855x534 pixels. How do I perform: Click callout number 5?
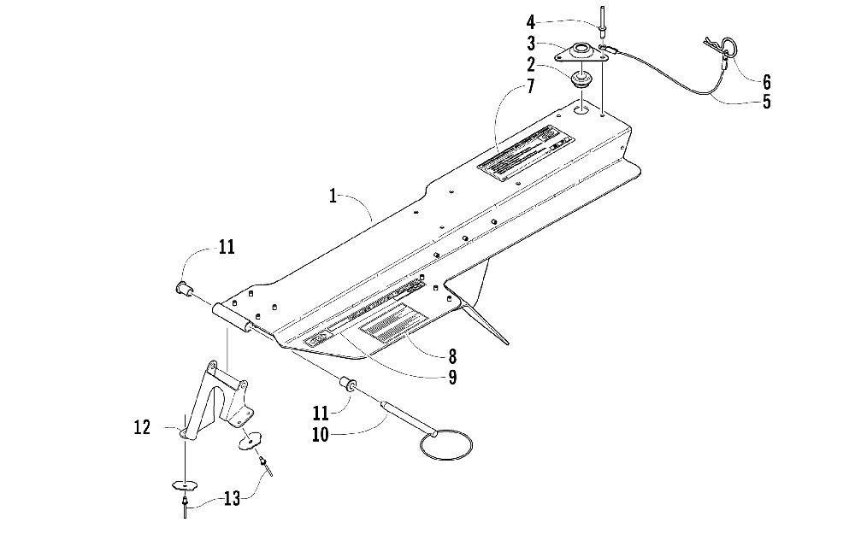point(766,102)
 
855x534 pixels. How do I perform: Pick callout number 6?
point(766,82)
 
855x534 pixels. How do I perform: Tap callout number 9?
point(451,376)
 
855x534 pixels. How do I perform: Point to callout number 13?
point(232,497)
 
